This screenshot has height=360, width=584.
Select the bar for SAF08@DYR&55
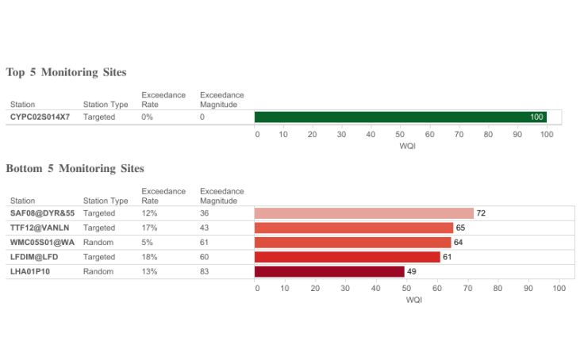pyautogui.click(x=363, y=213)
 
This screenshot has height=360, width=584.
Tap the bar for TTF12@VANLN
pyautogui.click(x=353, y=228)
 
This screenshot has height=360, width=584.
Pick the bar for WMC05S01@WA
pyautogui.click(x=352, y=242)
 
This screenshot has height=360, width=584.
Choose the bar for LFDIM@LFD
pyautogui.click(x=347, y=257)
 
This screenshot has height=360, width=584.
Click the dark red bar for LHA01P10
pyautogui.click(x=329, y=271)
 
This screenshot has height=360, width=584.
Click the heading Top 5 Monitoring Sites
pyautogui.click(x=66, y=72)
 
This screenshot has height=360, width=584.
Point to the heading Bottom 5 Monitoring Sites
pyautogui.click(x=75, y=168)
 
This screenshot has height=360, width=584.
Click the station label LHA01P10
pyautogui.click(x=30, y=271)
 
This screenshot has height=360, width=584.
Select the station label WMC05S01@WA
pyautogui.click(x=42, y=242)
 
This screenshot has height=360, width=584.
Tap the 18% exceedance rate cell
pyautogui.click(x=149, y=257)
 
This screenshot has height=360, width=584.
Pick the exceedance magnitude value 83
pyautogui.click(x=205, y=271)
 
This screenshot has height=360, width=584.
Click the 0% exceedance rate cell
pyautogui.click(x=147, y=117)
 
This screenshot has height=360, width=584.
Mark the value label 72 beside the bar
pyautogui.click(x=481, y=213)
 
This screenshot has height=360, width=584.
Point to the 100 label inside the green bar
pyautogui.click(x=537, y=117)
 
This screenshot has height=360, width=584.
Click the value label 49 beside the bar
pyautogui.click(x=411, y=271)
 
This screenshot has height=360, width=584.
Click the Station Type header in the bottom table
pyautogui.click(x=106, y=201)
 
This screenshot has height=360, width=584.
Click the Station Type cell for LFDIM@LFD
pyautogui.click(x=99, y=257)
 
